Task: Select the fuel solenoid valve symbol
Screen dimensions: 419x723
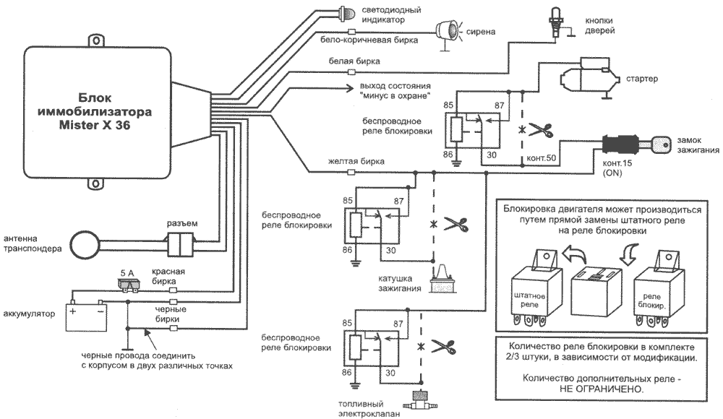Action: [418, 399]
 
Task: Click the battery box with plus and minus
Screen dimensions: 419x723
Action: [86, 316]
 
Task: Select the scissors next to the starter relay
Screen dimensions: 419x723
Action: [539, 130]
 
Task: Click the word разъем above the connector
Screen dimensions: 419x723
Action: [182, 223]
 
